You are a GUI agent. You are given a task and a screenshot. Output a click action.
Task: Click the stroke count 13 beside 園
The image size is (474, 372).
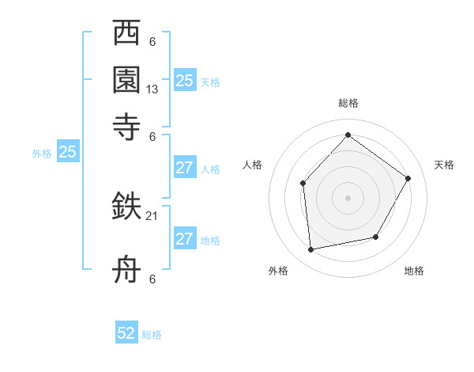[152, 89]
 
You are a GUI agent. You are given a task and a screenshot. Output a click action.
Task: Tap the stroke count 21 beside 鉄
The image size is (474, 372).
[152, 216]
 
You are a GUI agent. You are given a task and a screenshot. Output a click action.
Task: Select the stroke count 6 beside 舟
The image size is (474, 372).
[152, 279]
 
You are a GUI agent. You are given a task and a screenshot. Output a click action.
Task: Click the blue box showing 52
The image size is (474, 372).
[126, 333]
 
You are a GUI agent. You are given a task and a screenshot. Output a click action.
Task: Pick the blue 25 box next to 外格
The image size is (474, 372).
[67, 153]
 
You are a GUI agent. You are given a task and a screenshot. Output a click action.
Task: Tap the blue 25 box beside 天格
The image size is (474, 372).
[184, 80]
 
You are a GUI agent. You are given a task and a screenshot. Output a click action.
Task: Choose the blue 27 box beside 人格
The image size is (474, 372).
[184, 167]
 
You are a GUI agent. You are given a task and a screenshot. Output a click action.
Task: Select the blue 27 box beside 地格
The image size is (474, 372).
[184, 239]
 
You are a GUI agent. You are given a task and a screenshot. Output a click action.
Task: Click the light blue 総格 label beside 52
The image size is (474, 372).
[152, 335]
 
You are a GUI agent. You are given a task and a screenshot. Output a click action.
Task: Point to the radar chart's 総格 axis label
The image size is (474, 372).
[348, 103]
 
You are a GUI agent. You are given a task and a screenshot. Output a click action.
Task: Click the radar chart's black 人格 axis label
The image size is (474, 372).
[252, 165]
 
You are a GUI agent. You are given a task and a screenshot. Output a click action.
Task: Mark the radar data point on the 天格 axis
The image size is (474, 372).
[408, 178]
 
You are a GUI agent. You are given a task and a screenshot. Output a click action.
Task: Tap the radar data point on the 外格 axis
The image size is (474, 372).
[310, 250]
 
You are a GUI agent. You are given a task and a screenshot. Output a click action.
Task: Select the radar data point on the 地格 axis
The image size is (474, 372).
[376, 237]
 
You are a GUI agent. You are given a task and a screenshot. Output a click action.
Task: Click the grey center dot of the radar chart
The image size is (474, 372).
[348, 197]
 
